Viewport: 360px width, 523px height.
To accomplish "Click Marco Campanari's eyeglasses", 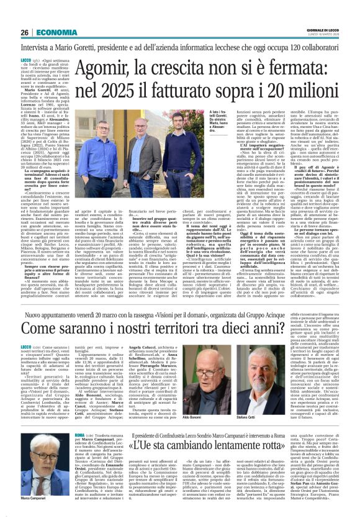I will coord(38,472).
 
